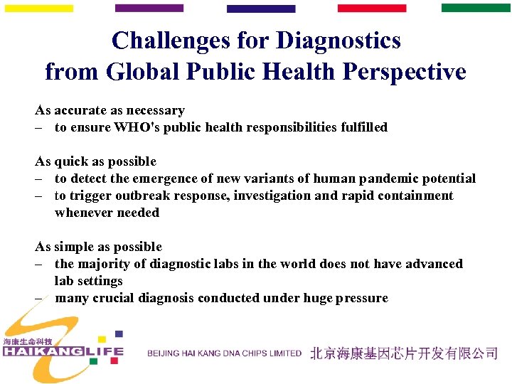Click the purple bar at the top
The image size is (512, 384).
tap(149, 9)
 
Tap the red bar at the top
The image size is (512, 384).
tap(371, 9)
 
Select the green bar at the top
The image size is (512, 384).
tap(476, 8)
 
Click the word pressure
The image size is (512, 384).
tap(363, 299)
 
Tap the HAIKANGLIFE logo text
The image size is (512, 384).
tap(63, 352)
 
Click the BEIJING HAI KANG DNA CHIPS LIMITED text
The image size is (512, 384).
tap(225, 353)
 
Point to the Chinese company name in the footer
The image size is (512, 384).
tap(403, 353)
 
